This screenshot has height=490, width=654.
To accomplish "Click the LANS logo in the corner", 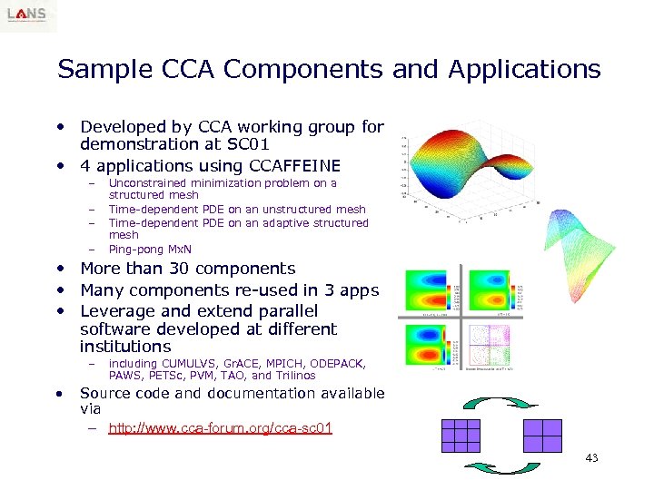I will [28, 15].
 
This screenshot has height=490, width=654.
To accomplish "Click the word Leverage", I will [117, 311].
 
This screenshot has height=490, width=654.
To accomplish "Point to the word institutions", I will [125, 347].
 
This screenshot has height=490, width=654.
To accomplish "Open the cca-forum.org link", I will [220, 428].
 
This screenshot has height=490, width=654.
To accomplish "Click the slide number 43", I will [591, 458].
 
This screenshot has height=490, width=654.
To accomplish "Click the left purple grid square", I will [460, 436].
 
